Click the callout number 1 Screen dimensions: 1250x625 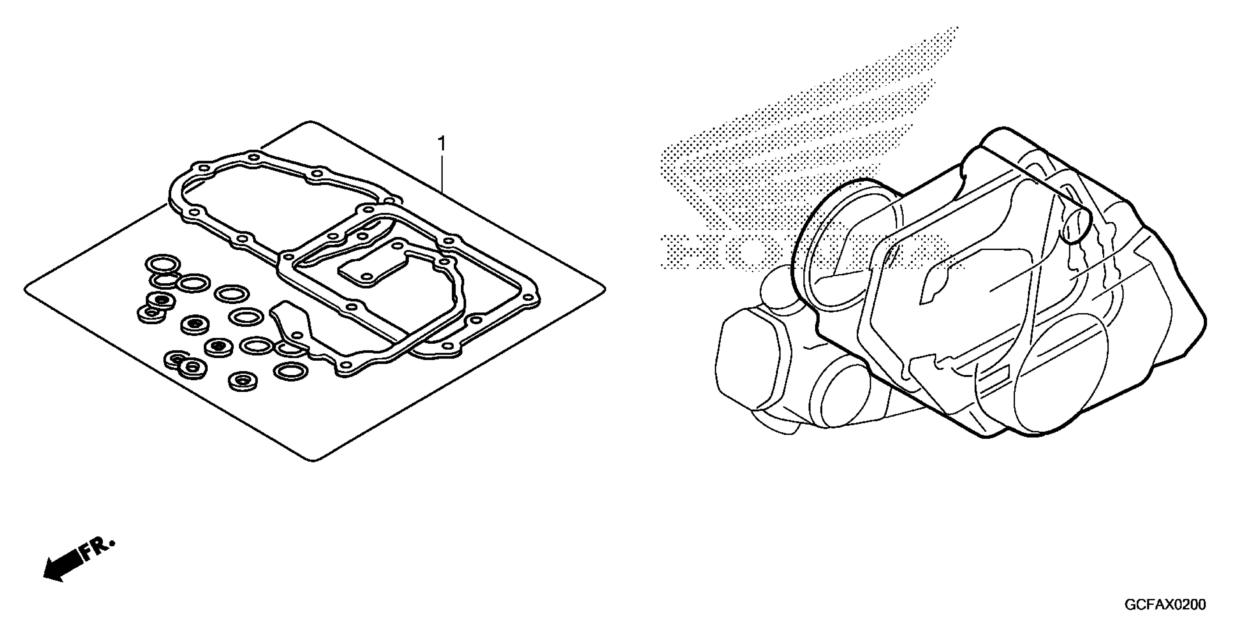pos(442,144)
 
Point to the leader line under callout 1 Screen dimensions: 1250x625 pos(442,175)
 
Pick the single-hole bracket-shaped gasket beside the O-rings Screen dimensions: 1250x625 pos(291,323)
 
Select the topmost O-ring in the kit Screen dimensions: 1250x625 pos(162,264)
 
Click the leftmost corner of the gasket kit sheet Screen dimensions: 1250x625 pos(25,290)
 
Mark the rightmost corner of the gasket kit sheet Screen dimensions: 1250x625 pos(604,290)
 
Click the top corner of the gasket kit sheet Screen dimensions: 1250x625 pos(311,122)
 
